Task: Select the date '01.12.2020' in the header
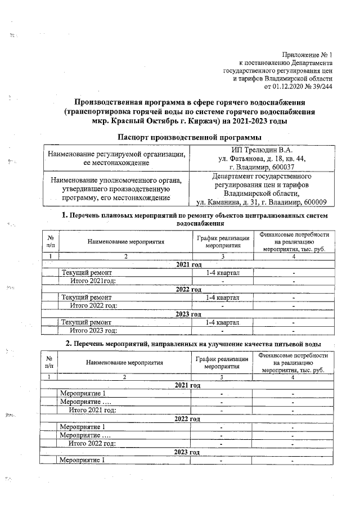pyautogui.click(x=287, y=87)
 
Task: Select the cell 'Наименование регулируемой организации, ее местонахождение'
pyautogui.click(x=116, y=159)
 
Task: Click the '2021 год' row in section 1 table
pyautogui.click(x=188, y=264)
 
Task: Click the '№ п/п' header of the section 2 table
pyautogui.click(x=49, y=363)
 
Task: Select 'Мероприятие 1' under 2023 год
pyautogui.click(x=83, y=460)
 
